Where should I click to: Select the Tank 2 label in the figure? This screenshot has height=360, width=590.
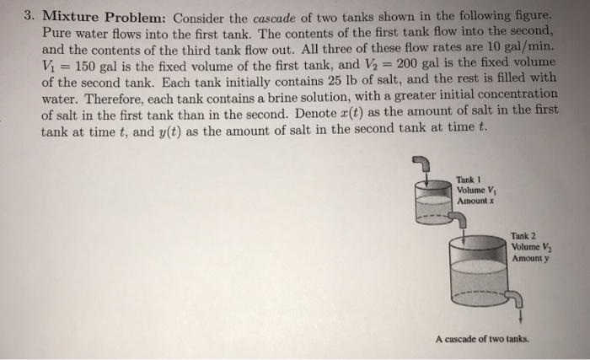click(x=524, y=236)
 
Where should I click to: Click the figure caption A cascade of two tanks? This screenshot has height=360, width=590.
click(x=482, y=338)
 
